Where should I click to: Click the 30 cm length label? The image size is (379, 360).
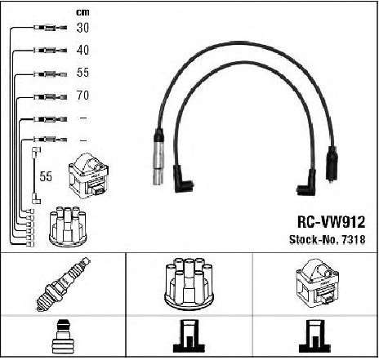82,28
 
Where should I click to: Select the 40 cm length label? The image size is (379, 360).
82,50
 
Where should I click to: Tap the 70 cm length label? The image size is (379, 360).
82,96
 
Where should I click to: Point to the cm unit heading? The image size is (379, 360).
82,12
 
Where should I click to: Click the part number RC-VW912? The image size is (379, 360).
331,222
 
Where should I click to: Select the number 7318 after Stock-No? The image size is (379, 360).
353,239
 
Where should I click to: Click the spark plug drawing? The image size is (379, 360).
63,283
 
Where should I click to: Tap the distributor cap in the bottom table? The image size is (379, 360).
189,283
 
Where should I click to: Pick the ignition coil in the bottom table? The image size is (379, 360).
317,283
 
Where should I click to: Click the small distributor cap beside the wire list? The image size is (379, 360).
67,226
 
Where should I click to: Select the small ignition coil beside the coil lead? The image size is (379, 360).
89,176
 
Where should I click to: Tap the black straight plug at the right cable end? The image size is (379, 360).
332,164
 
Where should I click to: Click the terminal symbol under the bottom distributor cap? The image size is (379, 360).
189,336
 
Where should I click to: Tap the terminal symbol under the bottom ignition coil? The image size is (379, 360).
314,336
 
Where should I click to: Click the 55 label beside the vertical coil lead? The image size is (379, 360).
46,176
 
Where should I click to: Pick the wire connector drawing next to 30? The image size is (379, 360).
50,28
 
